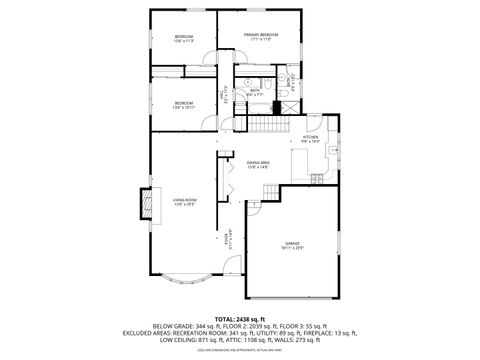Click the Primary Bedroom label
(x=260, y=37)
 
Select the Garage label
(x=292, y=244)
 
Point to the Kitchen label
(x=311, y=140)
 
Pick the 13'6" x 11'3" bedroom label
(x=183, y=40)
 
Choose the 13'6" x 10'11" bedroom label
(x=183, y=104)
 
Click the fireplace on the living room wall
(x=147, y=206)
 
